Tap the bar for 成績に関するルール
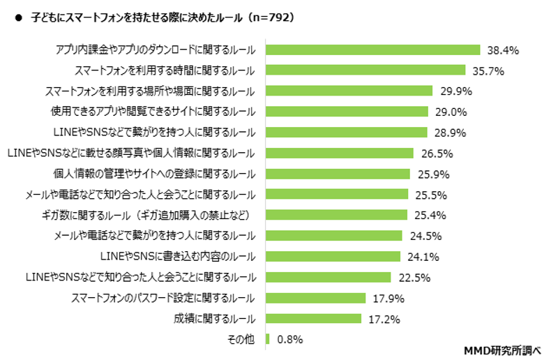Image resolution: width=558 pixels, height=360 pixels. (x=314, y=319)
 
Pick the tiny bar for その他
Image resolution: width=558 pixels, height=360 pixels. (x=267, y=339)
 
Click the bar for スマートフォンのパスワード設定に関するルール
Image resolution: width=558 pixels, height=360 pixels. (x=316, y=298)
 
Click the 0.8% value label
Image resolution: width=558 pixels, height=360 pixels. (x=290, y=340)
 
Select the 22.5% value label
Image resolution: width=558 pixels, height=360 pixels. (x=414, y=278)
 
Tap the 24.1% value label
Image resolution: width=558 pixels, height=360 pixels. (x=423, y=257)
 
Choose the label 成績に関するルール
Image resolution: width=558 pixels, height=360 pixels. (x=213, y=319)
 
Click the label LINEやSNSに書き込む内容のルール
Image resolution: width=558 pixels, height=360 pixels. (x=178, y=257)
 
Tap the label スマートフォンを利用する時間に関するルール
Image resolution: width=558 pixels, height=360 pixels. (x=165, y=70)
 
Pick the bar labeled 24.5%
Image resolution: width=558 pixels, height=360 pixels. (x=334, y=236)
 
